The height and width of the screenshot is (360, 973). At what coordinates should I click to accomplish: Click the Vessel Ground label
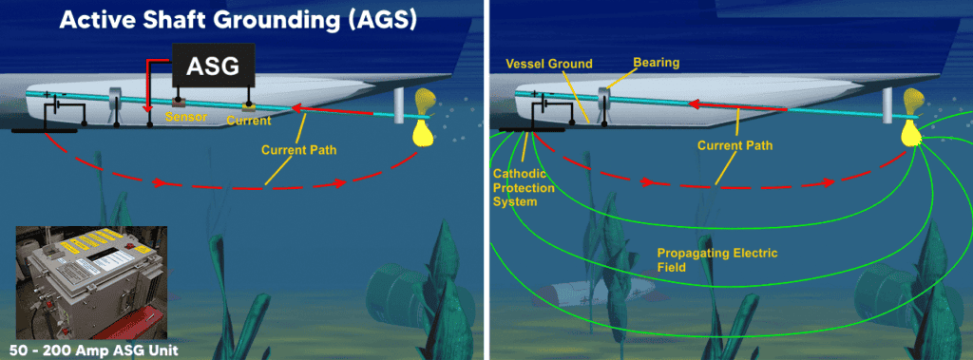(x=547, y=65)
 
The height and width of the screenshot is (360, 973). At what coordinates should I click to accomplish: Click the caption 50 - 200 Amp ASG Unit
(x=89, y=348)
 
